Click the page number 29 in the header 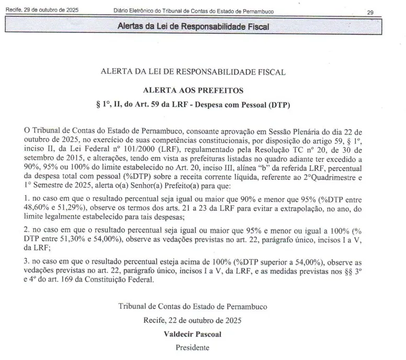pos(370,12)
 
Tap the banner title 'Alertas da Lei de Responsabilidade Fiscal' pos(193,26)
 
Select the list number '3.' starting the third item pos(27,262)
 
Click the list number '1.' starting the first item pos(27,200)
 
